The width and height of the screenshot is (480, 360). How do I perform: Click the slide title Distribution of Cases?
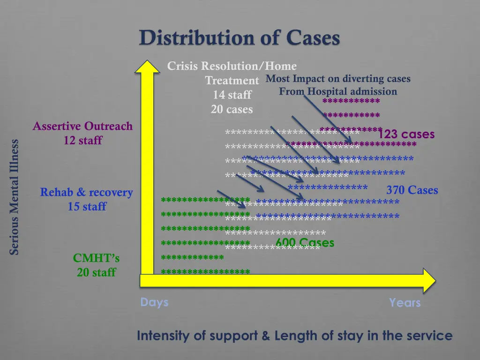pos(239,38)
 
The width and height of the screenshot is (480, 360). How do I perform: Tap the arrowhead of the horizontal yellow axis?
pos(428,280)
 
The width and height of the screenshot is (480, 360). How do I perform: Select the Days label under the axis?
pos(154,302)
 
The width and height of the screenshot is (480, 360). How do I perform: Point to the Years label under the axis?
pos(405,303)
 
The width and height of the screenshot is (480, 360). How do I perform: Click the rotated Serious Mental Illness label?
pos(14,197)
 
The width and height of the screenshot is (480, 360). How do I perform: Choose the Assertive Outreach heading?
pos(82,126)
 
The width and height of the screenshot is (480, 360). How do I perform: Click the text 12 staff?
pos(83,140)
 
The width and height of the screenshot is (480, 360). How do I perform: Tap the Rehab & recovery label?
pos(86,192)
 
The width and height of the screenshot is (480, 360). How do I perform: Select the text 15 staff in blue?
pos(87,206)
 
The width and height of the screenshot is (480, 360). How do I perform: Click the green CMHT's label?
pos(96,258)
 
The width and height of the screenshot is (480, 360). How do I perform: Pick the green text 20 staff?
pos(96,272)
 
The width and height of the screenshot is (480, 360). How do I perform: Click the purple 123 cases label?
pos(406,135)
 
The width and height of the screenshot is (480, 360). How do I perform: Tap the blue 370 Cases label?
pos(412,190)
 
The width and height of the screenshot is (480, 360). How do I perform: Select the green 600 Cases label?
pos(305,242)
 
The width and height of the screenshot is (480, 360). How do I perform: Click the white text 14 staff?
pos(232,95)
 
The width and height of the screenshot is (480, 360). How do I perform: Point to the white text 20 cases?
pos(232,110)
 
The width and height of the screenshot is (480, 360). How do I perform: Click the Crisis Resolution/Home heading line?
pos(232,66)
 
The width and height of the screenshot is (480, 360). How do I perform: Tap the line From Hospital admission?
pos(338,91)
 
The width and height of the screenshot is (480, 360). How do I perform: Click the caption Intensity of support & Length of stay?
pos(294,336)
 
